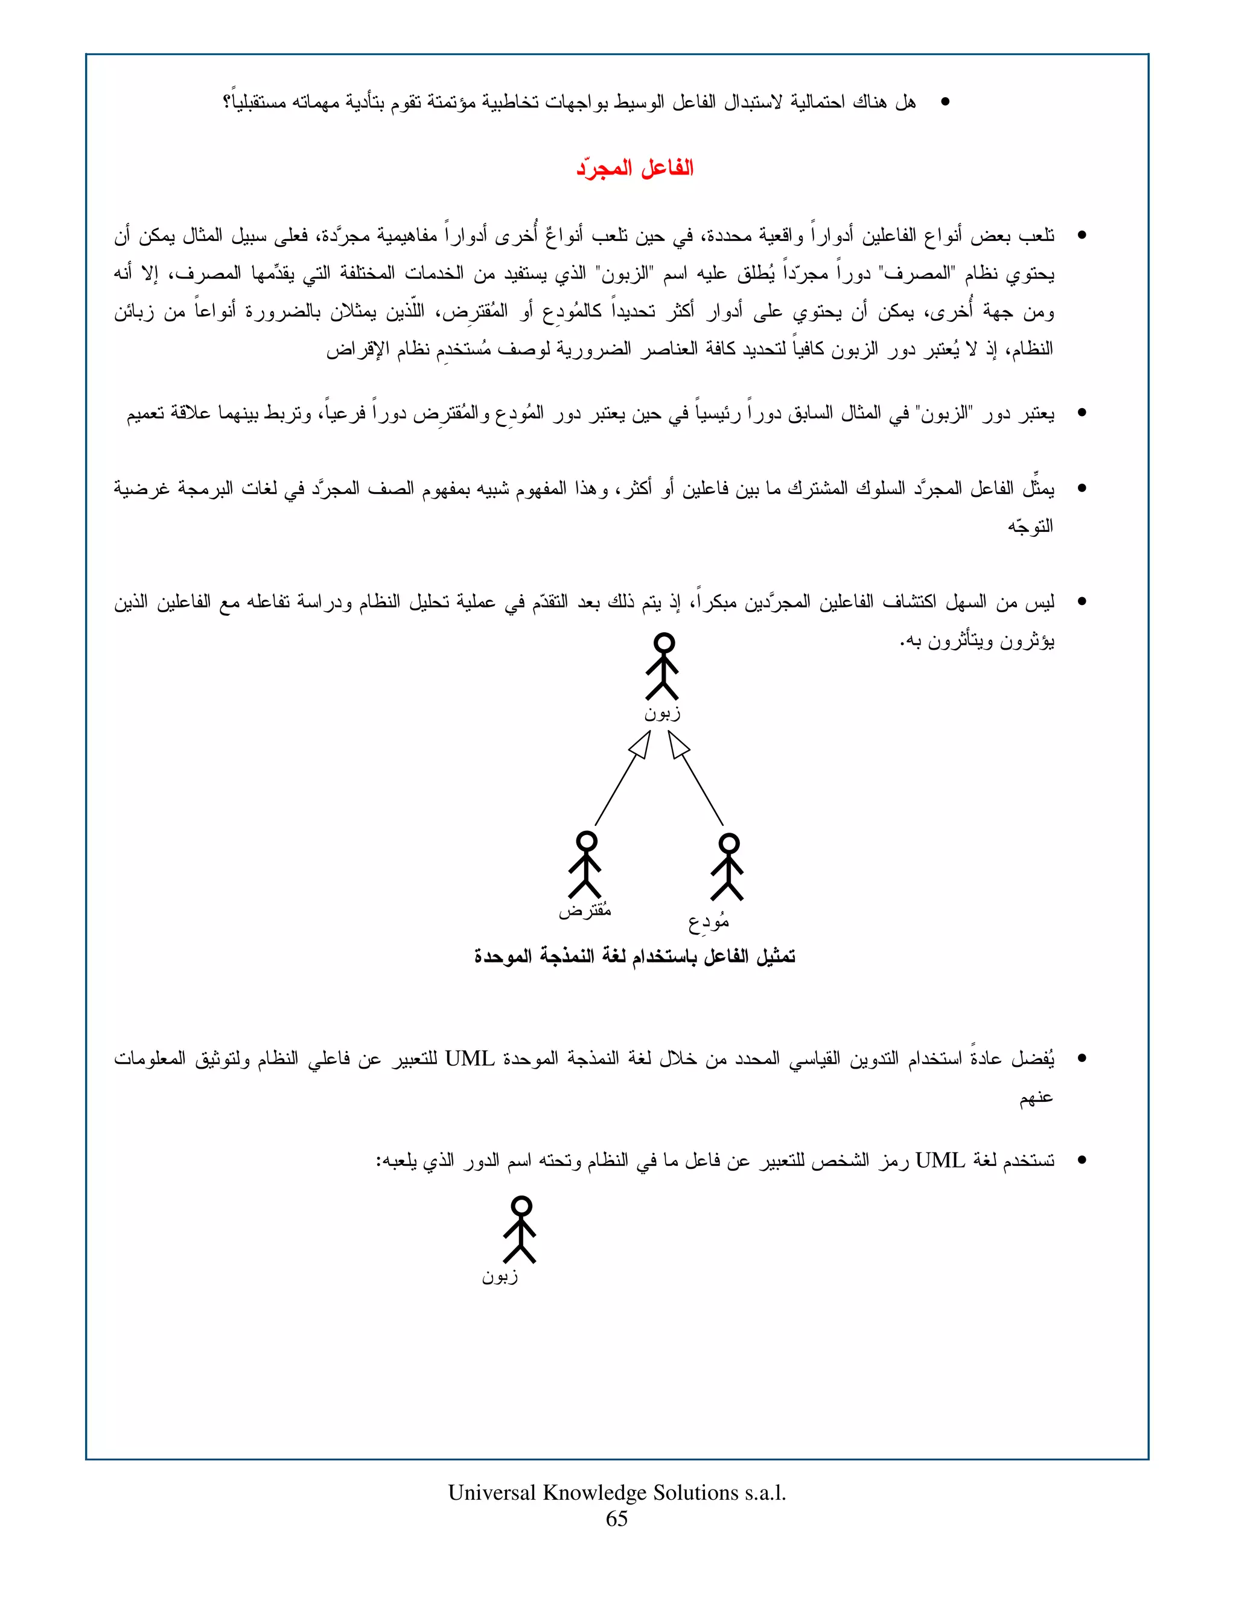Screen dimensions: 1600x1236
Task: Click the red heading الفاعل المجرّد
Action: coord(634,168)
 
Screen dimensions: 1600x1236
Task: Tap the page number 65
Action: coord(617,1518)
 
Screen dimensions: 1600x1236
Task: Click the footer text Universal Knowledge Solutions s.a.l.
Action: coord(617,1493)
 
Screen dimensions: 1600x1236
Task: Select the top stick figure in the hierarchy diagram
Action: coord(663,666)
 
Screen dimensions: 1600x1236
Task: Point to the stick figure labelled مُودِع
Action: coord(728,866)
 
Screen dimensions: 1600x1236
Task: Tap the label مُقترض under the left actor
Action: coord(585,910)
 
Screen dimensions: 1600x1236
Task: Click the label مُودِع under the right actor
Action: coord(708,921)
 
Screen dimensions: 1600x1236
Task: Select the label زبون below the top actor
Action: coord(663,713)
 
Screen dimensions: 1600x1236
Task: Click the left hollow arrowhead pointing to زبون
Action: coord(640,745)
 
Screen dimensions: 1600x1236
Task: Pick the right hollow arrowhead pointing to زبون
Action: coord(679,745)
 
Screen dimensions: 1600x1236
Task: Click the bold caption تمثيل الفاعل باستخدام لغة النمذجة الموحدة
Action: coord(634,956)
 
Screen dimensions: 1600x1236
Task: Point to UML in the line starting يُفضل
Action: coord(470,1058)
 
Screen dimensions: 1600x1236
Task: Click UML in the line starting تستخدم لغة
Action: coord(940,1160)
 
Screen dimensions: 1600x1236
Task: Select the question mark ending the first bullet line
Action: coord(228,103)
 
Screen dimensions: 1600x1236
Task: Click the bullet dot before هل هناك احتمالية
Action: coord(945,103)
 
